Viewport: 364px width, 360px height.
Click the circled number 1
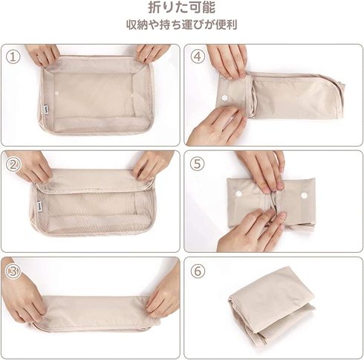click(x=13, y=57)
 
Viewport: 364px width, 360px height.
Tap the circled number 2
click(x=13, y=164)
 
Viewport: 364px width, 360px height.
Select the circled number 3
click(x=13, y=271)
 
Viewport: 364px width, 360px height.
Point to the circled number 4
click(x=198, y=57)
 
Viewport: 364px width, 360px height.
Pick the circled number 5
click(x=198, y=164)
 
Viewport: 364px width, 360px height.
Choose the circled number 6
click(x=198, y=271)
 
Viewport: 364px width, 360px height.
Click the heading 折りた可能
click(x=182, y=7)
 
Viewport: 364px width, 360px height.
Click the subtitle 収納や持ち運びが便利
click(x=182, y=25)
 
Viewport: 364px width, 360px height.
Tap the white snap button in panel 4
click(x=224, y=98)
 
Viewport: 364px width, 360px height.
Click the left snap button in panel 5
click(x=238, y=193)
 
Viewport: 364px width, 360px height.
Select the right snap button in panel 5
click(x=305, y=196)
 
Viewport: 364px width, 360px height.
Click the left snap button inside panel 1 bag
click(x=56, y=93)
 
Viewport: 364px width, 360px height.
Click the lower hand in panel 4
click(x=218, y=125)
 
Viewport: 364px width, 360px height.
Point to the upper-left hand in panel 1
click(x=42, y=55)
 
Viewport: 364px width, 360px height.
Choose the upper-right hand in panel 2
click(x=152, y=164)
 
